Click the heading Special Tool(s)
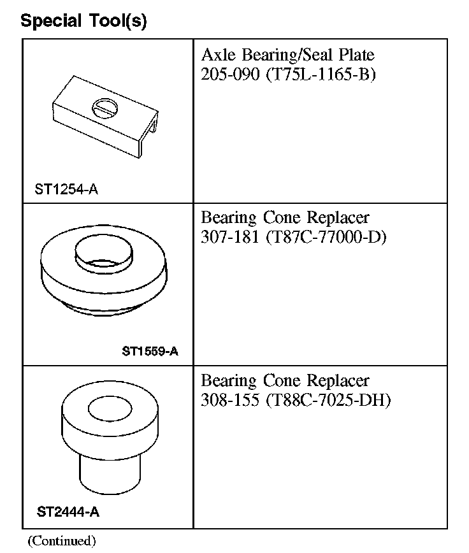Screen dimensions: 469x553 point(83,21)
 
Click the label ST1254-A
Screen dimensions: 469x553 point(67,189)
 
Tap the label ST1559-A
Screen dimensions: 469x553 point(149,351)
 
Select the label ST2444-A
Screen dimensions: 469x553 point(68,512)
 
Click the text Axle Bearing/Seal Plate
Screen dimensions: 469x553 point(287,55)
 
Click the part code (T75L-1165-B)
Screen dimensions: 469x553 point(321,74)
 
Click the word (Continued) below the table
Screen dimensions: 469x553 point(61,541)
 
